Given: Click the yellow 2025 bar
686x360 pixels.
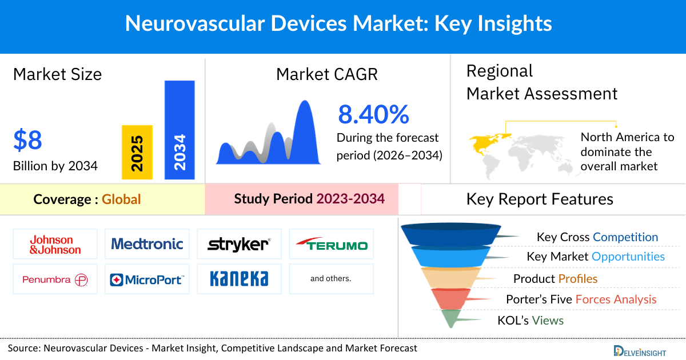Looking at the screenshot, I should coord(137,152).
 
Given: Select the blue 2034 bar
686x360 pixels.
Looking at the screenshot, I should coord(180,130).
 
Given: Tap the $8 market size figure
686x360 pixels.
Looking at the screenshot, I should coord(27,140).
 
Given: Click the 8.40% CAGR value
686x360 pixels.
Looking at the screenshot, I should coord(373,115).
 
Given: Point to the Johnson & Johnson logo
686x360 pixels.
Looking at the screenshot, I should coord(55,245).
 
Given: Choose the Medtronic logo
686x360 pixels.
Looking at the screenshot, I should coord(147,245).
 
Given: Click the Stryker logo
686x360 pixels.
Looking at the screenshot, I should coord(239,245).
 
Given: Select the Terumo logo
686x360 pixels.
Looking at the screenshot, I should coord(332,245).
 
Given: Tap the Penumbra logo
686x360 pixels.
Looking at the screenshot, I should coord(55,279).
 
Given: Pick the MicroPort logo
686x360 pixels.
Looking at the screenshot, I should coord(147,279).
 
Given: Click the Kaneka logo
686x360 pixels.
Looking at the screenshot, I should coord(239,279).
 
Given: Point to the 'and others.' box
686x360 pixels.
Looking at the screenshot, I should coord(331,279).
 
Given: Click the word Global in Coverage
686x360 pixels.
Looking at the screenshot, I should coord(121,199).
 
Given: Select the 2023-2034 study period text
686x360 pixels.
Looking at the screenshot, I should coord(350,199).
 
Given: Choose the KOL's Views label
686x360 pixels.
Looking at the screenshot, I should coord(531,321).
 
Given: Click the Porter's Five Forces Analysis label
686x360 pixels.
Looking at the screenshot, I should coord(581,299).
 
